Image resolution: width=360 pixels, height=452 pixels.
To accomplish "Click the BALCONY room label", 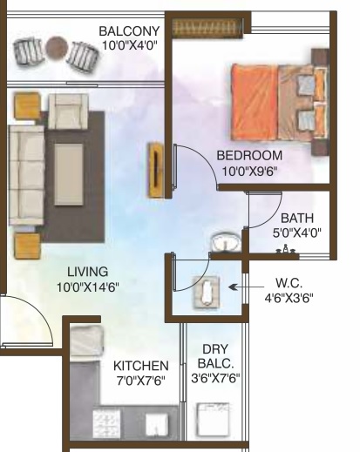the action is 129,31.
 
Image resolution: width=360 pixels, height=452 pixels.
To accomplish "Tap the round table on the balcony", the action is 58,48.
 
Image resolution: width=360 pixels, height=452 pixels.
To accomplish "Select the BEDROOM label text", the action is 249,155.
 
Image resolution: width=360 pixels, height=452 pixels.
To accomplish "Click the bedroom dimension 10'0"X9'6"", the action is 249,171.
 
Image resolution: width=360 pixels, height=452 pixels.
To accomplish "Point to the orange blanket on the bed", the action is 255,102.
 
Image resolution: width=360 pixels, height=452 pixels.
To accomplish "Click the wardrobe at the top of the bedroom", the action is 207,28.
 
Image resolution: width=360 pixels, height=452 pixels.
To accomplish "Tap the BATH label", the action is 297,218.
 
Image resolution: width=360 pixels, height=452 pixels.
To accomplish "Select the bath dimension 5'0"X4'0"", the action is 297,233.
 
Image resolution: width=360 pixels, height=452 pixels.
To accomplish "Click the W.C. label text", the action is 289,282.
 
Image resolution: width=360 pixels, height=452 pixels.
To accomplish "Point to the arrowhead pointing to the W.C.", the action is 232,287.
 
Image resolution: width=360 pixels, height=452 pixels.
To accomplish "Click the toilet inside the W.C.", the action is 207,291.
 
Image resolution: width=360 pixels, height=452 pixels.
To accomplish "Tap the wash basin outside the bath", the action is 226,241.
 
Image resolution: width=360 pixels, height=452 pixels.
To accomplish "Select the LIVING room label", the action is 88,272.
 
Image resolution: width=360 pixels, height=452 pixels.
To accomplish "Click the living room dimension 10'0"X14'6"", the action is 88,287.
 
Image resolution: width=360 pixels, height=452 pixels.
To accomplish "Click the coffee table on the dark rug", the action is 69,174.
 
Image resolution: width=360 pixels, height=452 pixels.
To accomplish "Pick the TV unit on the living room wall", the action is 155,170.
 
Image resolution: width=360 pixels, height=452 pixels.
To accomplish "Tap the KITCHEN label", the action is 141,366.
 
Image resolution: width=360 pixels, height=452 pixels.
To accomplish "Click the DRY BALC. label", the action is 215,356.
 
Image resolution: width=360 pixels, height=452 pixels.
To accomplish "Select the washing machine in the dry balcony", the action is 213,420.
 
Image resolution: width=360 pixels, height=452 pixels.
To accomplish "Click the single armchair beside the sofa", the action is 68,111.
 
